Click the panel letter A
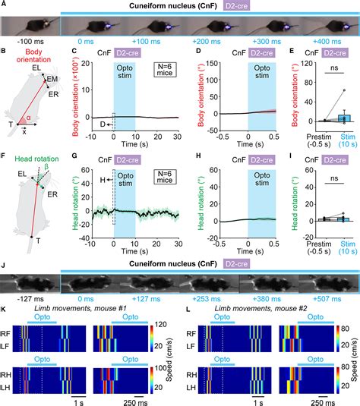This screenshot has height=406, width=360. [x=5, y=5]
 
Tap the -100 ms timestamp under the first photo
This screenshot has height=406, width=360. [x=27, y=45]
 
